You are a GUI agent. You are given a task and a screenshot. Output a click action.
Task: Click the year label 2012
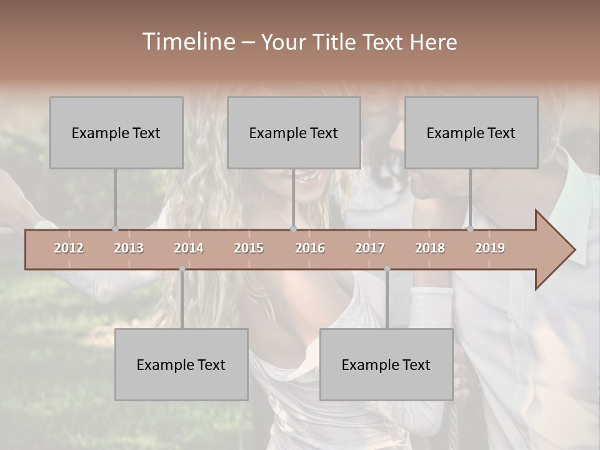coord(69,248)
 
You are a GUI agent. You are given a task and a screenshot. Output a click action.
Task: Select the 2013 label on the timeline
coord(129,248)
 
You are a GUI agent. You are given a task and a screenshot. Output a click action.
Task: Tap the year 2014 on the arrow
coord(189,248)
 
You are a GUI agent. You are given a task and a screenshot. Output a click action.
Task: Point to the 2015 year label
coord(249,248)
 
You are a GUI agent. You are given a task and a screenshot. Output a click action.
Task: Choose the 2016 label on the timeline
coord(310,248)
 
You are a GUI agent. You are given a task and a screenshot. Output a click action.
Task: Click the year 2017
coord(370,248)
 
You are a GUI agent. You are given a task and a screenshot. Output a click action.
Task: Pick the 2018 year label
coord(430,248)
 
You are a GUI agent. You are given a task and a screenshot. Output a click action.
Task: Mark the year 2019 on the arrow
coord(490,248)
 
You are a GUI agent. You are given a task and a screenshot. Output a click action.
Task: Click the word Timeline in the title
coord(187,42)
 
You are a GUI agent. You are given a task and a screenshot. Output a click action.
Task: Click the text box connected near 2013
coord(116,132)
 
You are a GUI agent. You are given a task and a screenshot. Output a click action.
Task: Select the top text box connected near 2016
coord(294,132)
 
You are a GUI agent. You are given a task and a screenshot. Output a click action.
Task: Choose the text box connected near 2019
coord(471,132)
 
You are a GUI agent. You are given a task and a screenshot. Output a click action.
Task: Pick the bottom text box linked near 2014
coord(181,364)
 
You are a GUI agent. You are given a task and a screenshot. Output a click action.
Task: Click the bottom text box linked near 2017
coord(386,364)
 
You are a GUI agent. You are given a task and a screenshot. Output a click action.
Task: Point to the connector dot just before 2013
coord(115,229)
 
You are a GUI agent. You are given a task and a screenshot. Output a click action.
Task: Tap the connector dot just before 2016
coord(294,229)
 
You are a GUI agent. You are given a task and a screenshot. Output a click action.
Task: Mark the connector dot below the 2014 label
coord(182,269)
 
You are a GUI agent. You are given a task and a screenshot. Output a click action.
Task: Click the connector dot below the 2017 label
coord(387,269)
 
